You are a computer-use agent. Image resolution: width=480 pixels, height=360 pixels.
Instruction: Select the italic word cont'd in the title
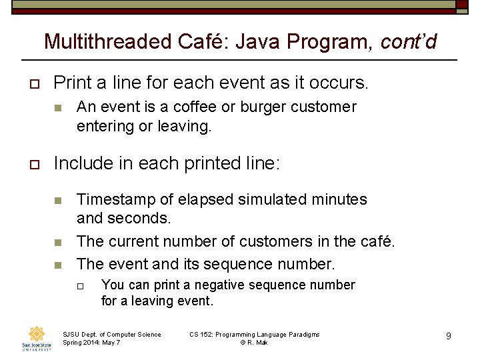coord(409,42)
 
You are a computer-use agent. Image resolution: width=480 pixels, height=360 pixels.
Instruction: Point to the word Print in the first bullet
coord(71,83)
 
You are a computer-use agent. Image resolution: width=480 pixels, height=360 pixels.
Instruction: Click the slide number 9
coord(449,336)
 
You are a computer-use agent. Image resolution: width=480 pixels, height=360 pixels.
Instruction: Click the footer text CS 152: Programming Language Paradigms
coord(255,334)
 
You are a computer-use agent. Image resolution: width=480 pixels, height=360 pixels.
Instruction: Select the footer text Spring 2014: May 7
coord(91,343)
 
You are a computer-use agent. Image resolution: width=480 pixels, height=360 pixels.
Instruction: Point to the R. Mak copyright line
coord(254,343)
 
